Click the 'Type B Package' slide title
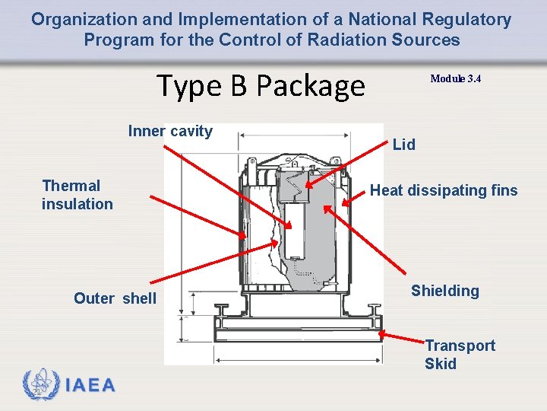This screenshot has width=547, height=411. pyautogui.click(x=260, y=86)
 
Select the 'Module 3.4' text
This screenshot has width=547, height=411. pyautogui.click(x=455, y=79)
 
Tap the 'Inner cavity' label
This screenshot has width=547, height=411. pyautogui.click(x=170, y=131)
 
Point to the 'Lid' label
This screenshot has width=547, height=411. pyautogui.click(x=403, y=145)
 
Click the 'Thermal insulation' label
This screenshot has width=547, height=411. pyautogui.click(x=77, y=195)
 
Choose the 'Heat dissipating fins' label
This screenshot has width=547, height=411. pyautogui.click(x=444, y=190)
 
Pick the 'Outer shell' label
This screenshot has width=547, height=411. pyautogui.click(x=115, y=298)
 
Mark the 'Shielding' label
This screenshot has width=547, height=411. pyautogui.click(x=445, y=291)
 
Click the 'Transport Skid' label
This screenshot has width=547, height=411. pyautogui.click(x=460, y=355)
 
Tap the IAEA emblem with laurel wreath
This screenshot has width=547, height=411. pyautogui.click(x=40, y=384)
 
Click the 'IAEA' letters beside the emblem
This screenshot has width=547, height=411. pyautogui.click(x=90, y=385)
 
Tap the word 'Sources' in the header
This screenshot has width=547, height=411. pyautogui.click(x=432, y=40)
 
